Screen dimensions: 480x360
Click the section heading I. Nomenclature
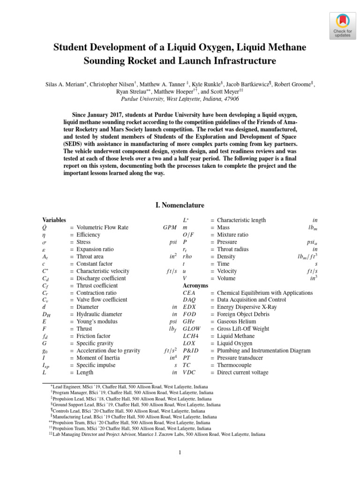point(180,205)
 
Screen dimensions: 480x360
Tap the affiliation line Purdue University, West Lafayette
point(180,99)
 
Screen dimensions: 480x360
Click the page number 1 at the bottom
point(180,452)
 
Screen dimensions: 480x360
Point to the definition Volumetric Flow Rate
point(102,227)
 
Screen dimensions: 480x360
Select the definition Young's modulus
point(97,322)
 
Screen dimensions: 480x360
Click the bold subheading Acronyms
point(195,285)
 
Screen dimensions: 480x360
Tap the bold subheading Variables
point(54,220)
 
